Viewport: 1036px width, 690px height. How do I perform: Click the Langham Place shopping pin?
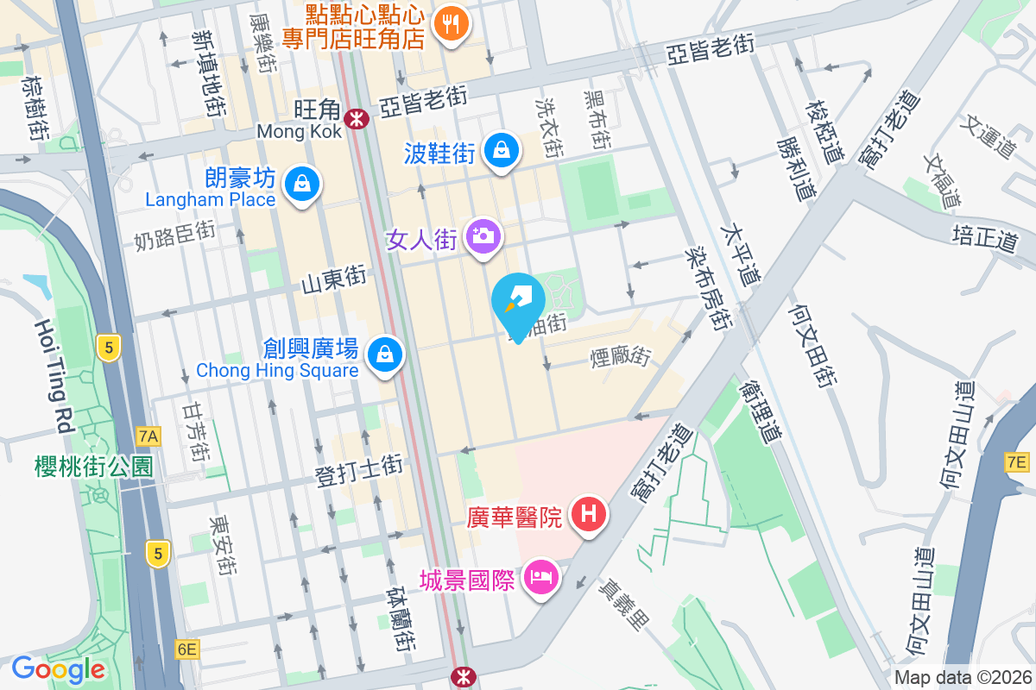[302, 185]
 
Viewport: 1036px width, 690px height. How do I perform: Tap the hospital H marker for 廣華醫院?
[589, 515]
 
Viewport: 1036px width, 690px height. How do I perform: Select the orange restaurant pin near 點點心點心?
[450, 23]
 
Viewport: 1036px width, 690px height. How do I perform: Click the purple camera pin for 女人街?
[483, 235]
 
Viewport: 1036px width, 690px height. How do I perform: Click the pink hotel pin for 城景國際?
[541, 578]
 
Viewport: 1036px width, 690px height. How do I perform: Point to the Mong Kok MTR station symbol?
[355, 119]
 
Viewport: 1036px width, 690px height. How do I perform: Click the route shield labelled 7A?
[148, 436]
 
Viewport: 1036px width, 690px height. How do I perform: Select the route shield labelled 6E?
[186, 649]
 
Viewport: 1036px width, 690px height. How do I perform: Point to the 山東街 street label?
[334, 280]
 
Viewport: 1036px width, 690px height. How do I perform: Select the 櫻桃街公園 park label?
[94, 467]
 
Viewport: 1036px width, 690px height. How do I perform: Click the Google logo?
[59, 668]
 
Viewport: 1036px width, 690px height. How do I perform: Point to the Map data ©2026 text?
[962, 678]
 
